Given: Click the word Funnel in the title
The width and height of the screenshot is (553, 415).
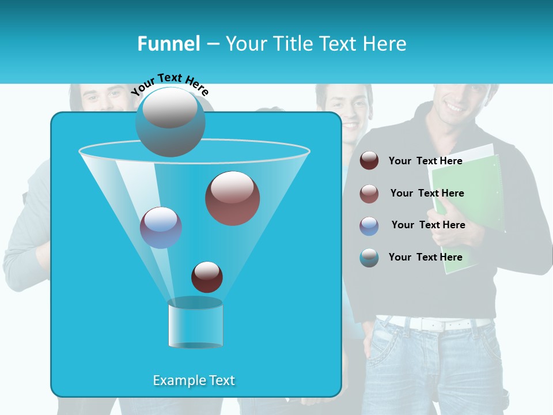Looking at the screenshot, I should [x=168, y=44].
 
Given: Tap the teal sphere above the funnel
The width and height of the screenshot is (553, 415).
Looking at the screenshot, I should [x=170, y=122].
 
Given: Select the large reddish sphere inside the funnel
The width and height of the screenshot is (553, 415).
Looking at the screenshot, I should [x=232, y=198].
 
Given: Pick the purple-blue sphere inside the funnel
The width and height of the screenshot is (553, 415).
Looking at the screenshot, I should [x=161, y=228].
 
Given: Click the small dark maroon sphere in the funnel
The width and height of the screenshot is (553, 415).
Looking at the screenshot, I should [x=207, y=277].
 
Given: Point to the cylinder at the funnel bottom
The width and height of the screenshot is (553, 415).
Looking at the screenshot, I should [x=195, y=323].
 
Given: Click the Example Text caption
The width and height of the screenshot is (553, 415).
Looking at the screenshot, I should [x=194, y=380].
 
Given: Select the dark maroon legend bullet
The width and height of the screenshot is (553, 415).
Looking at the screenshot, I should [x=369, y=161].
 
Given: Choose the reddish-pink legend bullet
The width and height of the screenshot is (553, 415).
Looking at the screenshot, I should [x=369, y=194].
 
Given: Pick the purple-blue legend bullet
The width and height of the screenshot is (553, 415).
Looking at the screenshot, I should [x=369, y=226].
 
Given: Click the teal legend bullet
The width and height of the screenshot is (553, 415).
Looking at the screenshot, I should [x=369, y=258].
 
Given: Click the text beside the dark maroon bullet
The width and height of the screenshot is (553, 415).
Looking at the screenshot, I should [x=425, y=161].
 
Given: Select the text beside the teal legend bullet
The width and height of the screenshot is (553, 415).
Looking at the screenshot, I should [x=425, y=257].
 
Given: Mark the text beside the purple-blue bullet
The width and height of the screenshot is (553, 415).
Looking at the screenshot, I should [x=428, y=225].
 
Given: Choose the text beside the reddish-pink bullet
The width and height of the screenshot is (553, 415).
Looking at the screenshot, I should [x=427, y=193].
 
